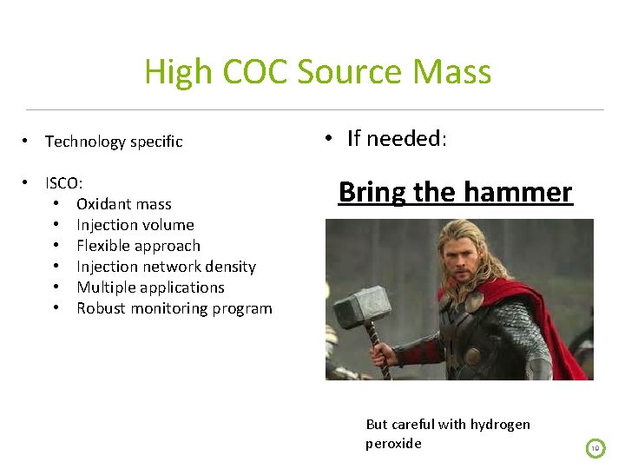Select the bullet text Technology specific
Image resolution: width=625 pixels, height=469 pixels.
click(x=114, y=142)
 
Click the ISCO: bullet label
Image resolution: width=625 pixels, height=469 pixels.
click(x=64, y=183)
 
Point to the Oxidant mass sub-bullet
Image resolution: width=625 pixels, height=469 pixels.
click(x=124, y=204)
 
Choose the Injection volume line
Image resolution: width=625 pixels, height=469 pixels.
click(x=135, y=225)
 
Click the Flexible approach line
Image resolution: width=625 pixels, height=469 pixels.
click(x=138, y=246)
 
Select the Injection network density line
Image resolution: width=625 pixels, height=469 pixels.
click(x=166, y=267)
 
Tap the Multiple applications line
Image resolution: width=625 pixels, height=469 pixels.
click(x=150, y=287)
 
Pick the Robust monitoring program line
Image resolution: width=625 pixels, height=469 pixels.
click(x=174, y=308)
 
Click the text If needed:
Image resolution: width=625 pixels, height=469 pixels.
click(x=397, y=139)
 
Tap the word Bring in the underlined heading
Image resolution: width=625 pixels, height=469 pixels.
click(x=372, y=192)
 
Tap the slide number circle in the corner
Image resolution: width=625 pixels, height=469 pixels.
click(x=595, y=448)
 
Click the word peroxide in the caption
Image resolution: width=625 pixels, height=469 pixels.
click(x=393, y=444)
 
